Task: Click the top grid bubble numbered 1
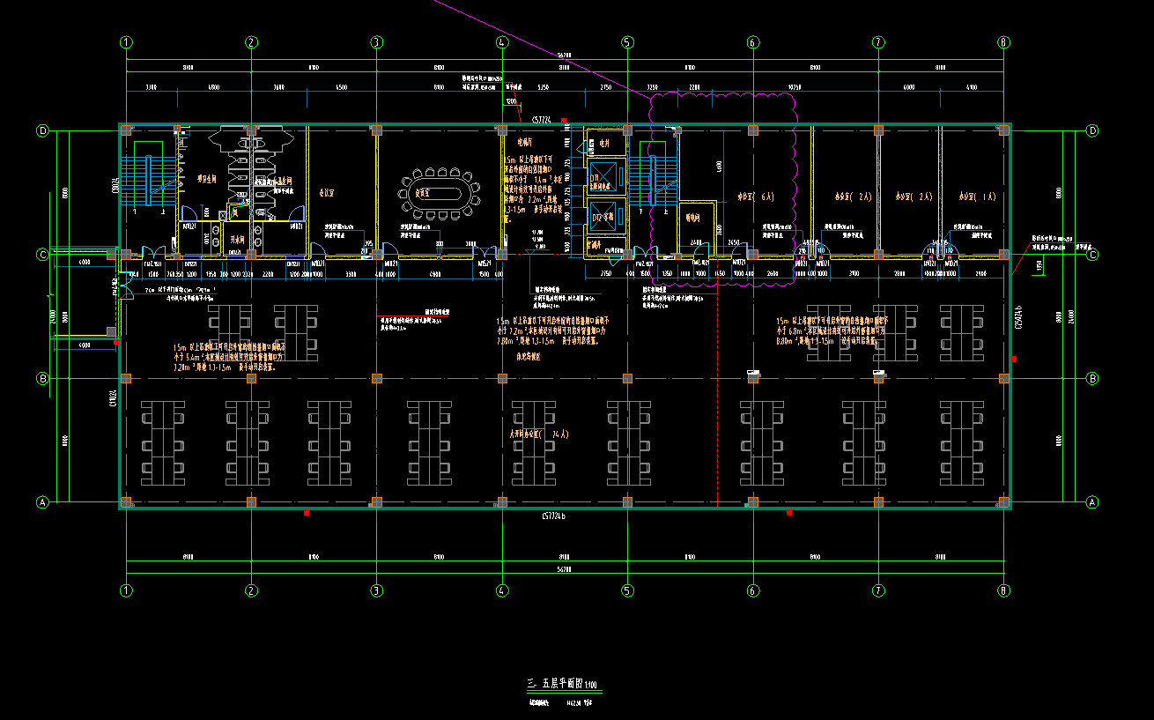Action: pyautogui.click(x=127, y=41)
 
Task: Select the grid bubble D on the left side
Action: pyautogui.click(x=41, y=130)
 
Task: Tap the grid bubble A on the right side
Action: pyautogui.click(x=1093, y=502)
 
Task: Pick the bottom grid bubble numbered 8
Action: pyautogui.click(x=1003, y=590)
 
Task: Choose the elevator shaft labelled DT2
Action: pyautogui.click(x=605, y=215)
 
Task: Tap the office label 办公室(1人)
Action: pyautogui.click(x=971, y=197)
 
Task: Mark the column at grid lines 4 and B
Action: pyautogui.click(x=502, y=379)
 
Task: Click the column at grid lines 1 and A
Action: pyautogui.click(x=127, y=502)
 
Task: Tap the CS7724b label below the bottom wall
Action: pyautogui.click(x=547, y=516)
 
